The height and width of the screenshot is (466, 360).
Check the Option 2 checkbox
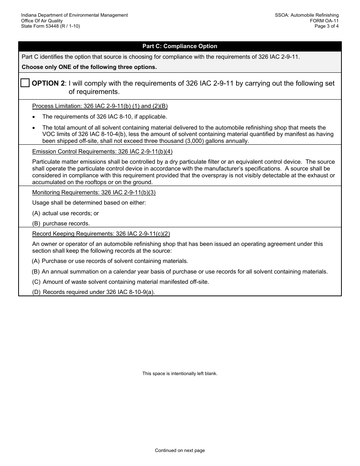(25, 83)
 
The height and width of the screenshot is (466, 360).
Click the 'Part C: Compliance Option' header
(180, 46)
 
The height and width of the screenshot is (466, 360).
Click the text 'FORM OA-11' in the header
(324, 21)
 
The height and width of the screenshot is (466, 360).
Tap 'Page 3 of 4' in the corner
(327, 26)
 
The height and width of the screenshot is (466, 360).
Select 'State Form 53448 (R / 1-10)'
(50, 26)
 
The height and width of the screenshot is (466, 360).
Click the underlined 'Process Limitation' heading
(100, 106)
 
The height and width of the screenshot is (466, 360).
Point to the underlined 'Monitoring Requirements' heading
(94, 192)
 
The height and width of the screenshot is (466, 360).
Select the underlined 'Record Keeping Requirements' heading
(101, 234)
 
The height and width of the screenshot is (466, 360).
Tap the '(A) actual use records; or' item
(66, 213)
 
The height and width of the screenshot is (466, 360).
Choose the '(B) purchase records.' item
(61, 224)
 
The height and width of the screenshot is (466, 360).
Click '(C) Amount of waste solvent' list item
(121, 282)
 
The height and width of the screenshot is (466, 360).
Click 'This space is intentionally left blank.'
(180, 374)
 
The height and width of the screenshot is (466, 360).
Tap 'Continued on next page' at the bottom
(180, 450)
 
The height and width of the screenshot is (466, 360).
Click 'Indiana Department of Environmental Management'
(74, 15)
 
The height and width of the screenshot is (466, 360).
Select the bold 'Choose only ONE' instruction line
(89, 67)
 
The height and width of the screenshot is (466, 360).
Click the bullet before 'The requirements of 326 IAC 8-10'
(34, 117)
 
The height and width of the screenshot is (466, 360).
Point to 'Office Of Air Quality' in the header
(42, 21)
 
